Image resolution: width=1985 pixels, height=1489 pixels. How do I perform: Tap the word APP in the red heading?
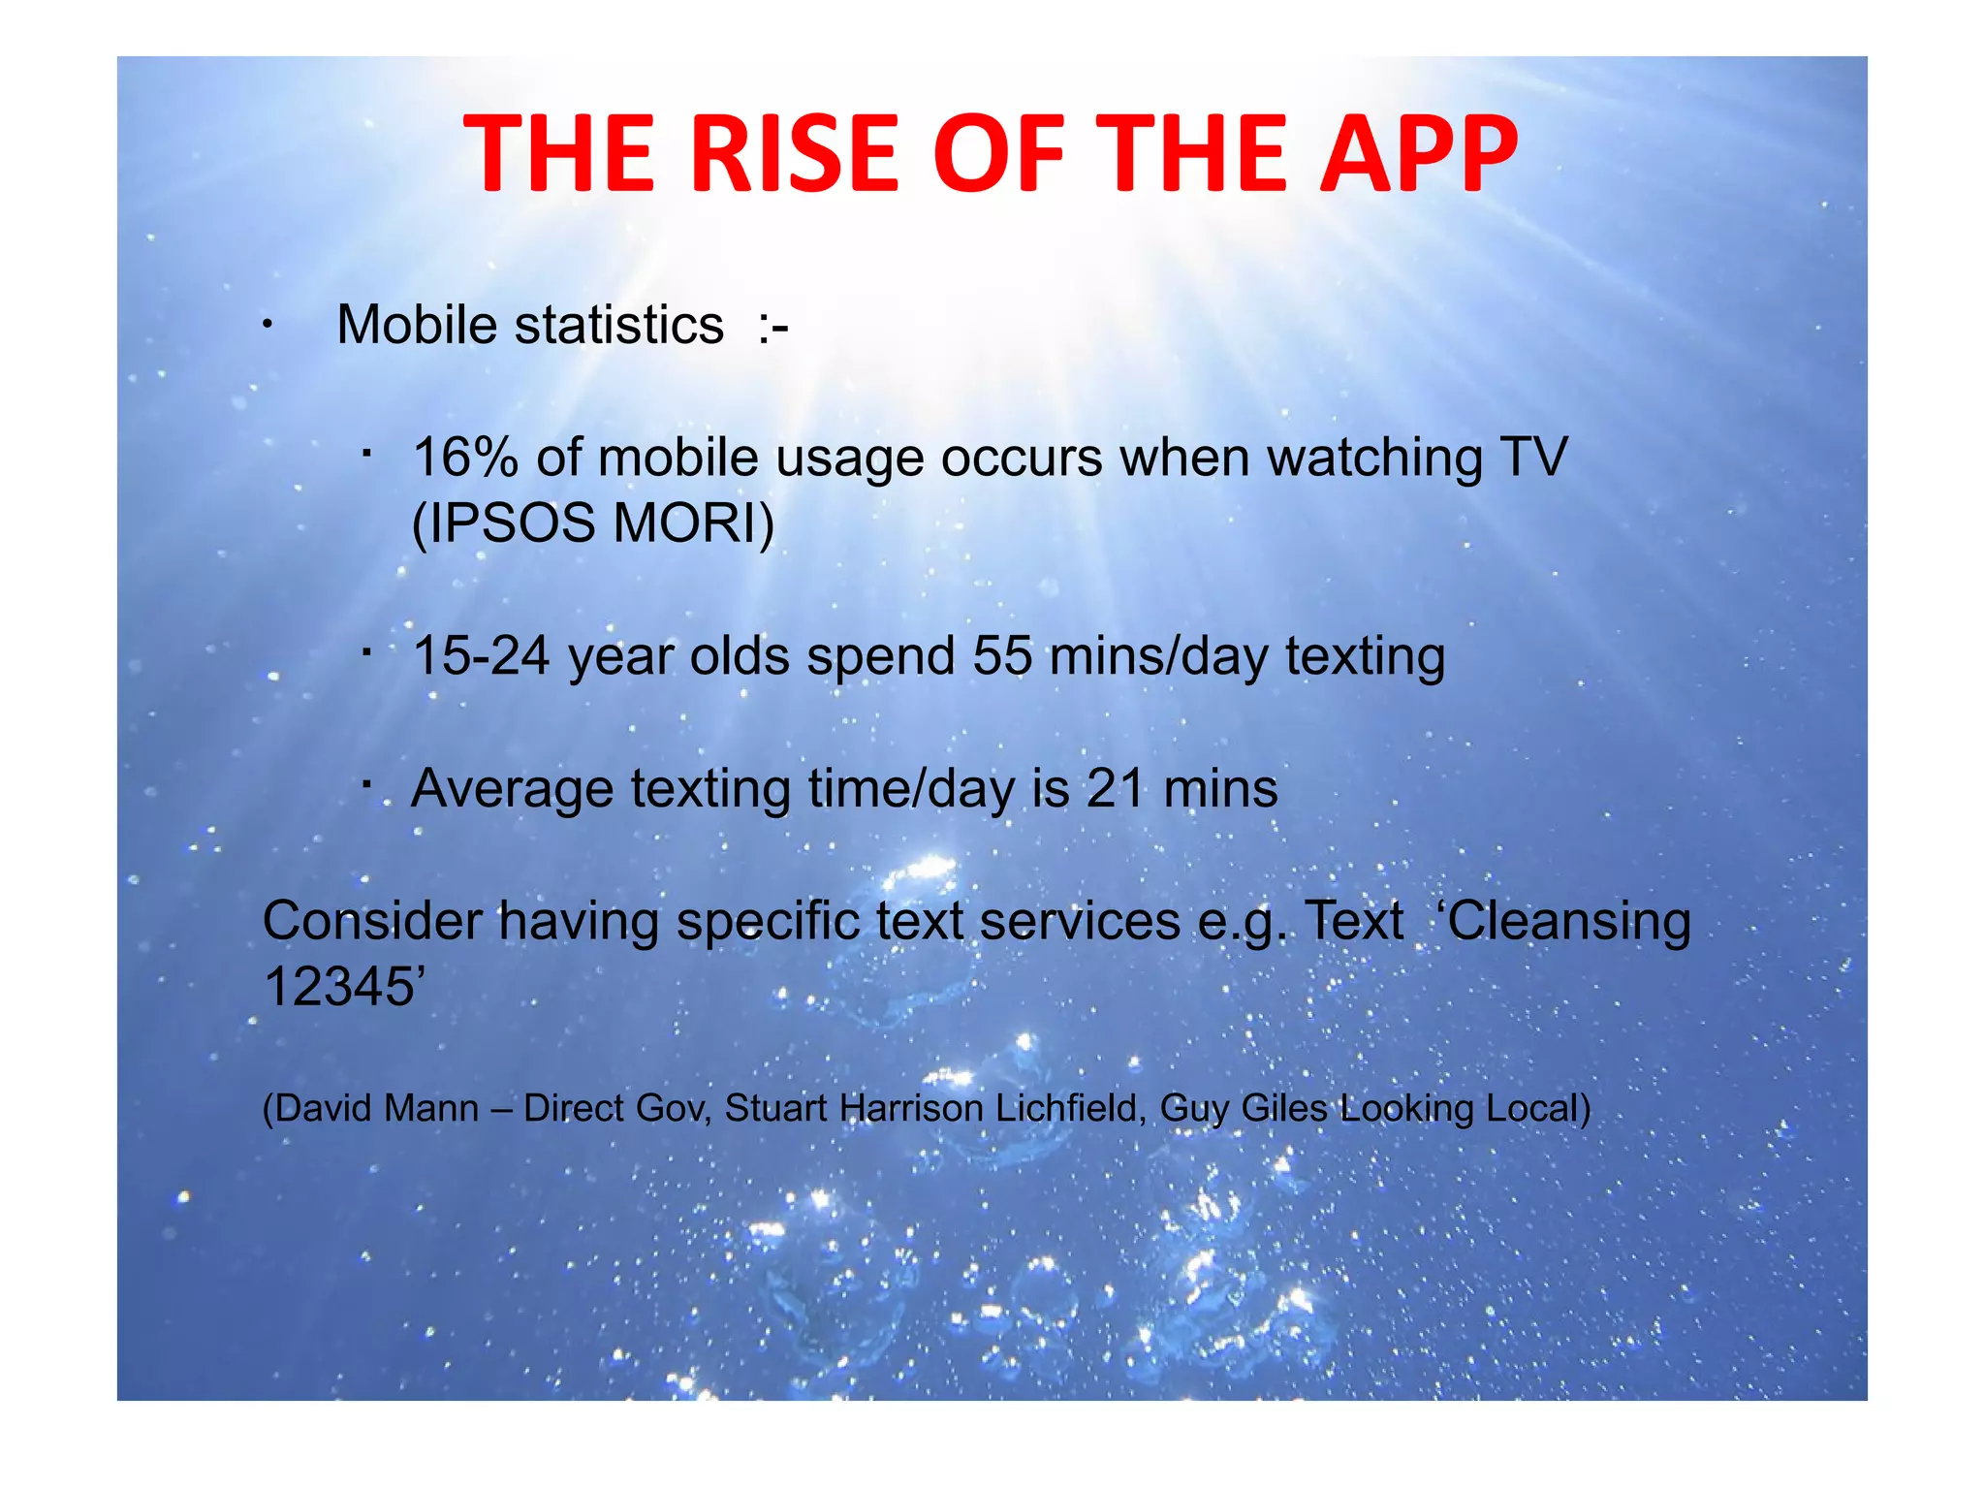1418,153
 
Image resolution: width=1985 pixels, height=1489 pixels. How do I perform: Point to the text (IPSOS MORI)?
592,523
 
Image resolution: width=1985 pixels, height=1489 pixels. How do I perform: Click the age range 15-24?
481,655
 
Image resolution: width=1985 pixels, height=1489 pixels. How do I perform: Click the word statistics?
619,325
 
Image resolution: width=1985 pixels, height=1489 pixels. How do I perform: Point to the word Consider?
372,921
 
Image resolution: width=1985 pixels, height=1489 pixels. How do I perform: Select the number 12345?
339,988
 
